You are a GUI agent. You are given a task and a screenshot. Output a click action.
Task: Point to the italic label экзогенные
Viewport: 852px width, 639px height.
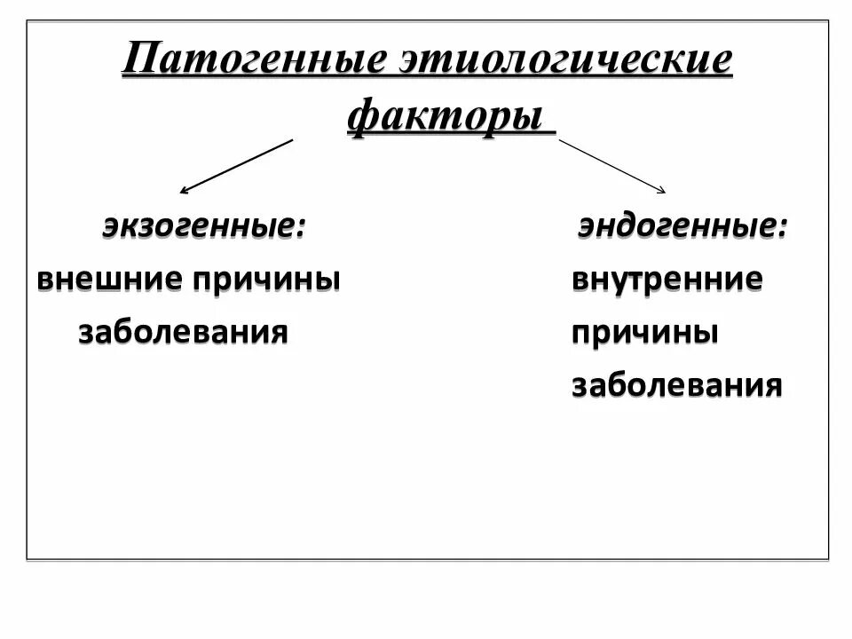[x=199, y=225]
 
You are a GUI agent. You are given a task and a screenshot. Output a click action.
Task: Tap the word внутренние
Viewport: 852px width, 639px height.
[x=667, y=280]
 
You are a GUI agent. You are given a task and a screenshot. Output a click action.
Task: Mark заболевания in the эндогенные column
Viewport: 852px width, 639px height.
[x=677, y=386]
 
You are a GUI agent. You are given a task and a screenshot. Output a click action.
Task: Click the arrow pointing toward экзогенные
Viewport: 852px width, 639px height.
[x=236, y=166]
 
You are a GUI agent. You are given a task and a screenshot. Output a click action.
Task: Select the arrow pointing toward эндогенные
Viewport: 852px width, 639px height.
[x=612, y=166]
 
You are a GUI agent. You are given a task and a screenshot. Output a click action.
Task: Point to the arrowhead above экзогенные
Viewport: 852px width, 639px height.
[x=184, y=190]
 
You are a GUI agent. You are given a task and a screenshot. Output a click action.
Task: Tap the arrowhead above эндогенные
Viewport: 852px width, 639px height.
[x=661, y=189]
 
